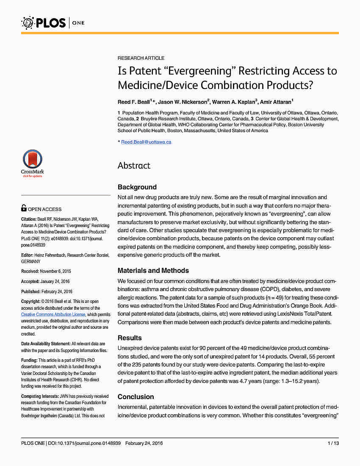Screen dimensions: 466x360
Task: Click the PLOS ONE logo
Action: coord(53,22)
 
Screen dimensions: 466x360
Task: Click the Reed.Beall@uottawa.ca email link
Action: coord(146,142)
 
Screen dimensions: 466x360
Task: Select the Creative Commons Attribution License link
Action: coord(53,315)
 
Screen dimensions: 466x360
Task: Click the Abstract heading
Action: coord(134,166)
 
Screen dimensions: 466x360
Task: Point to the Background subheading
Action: coord(137,187)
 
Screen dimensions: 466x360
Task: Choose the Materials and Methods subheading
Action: coord(153,271)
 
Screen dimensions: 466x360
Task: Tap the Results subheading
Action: coord(130,338)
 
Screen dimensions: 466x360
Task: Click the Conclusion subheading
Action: coord(136,397)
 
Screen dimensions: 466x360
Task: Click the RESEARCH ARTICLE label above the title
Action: coord(141,58)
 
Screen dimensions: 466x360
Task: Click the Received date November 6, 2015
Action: coord(55,271)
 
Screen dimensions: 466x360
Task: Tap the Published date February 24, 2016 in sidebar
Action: coord(56,292)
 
